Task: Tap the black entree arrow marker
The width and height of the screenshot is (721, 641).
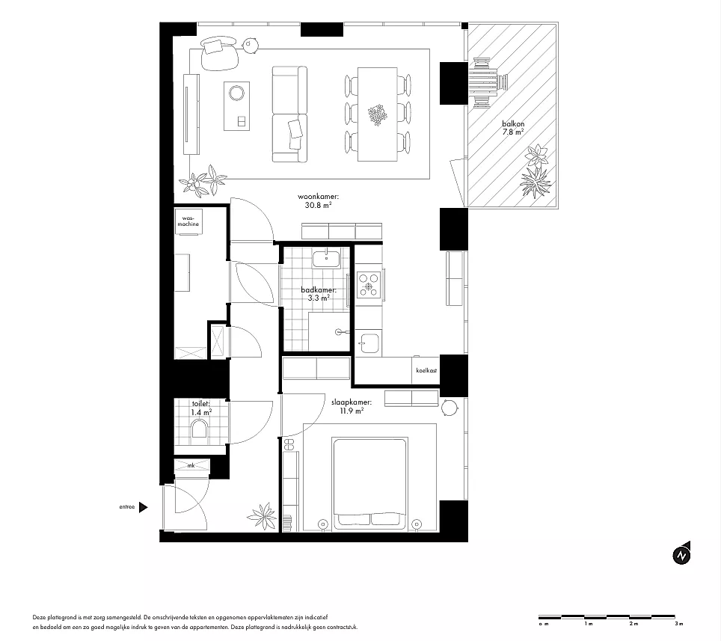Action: [x=143, y=507]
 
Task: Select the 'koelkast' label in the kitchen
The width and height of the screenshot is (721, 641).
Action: [x=426, y=370]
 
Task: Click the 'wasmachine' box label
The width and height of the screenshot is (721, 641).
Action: [x=188, y=221]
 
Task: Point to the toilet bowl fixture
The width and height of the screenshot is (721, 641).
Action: [x=200, y=429]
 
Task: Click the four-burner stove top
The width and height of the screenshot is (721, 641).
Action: [x=369, y=283]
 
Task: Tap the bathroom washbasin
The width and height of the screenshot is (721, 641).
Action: [x=326, y=259]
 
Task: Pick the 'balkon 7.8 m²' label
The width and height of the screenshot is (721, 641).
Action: [x=513, y=128]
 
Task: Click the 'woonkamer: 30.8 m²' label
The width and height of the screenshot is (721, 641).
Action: [x=318, y=201]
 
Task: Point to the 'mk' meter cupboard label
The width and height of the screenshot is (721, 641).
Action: [x=191, y=465]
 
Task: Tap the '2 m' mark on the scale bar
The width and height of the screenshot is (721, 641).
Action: [x=633, y=624]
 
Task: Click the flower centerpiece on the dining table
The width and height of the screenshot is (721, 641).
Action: [x=378, y=114]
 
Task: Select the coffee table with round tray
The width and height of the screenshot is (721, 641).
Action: [x=237, y=105]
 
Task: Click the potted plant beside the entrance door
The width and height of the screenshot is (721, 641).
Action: [x=262, y=516]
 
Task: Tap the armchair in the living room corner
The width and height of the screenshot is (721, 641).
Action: [x=220, y=54]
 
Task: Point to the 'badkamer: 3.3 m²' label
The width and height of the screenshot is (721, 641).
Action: [x=319, y=294]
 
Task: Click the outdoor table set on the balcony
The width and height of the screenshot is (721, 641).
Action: [x=486, y=83]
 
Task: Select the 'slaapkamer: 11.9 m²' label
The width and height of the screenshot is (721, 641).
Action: [x=352, y=406]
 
